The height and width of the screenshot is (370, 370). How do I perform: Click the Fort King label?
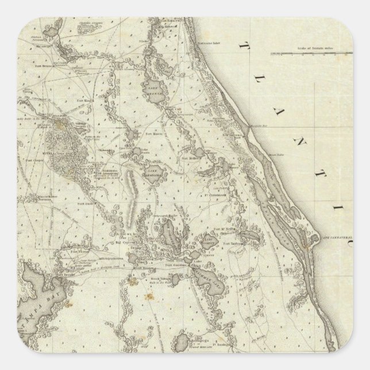pyautogui.click(x=85, y=100)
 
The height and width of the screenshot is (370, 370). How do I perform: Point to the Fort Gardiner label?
pyautogui.click(x=176, y=265)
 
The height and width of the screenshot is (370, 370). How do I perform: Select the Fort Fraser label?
pyautogui.click(x=140, y=267)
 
